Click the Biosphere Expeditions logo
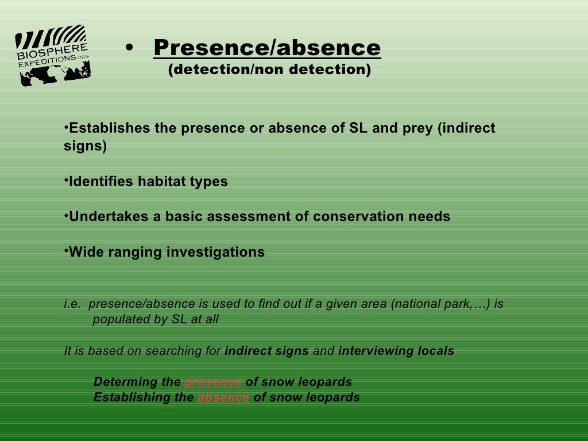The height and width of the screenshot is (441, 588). point(53,55)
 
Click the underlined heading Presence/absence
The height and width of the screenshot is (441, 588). point(267,48)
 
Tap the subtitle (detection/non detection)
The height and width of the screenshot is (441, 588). point(269,70)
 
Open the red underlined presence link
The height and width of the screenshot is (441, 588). point(213,382)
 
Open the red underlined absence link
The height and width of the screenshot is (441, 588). point(223,397)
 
